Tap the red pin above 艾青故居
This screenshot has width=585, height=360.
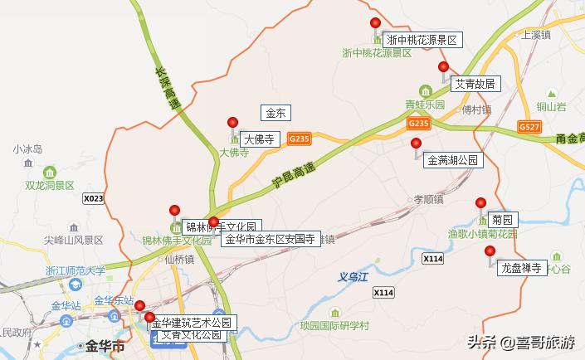pyautogui.click(x=444, y=67)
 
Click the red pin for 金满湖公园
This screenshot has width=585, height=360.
pyautogui.click(x=417, y=144)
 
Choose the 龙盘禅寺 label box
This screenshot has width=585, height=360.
pyautogui.click(x=521, y=268)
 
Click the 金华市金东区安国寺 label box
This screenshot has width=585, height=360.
pyautogui.click(x=271, y=239)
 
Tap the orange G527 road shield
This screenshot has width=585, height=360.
pyautogui.click(x=529, y=126)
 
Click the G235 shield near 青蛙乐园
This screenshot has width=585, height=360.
pyautogui.click(x=418, y=123)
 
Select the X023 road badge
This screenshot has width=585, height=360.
pyautogui.click(x=94, y=199)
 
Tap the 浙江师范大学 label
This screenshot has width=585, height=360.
pyautogui.click(x=75, y=270)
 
